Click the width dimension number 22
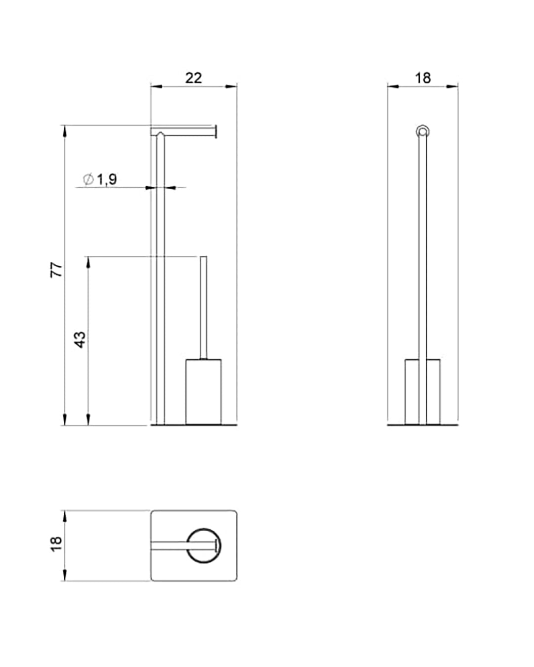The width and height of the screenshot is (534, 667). coord(193,78)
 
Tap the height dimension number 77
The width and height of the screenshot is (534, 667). coord(57,270)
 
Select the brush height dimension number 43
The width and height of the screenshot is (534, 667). coord(80,340)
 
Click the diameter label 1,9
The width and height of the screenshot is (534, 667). coord(107,179)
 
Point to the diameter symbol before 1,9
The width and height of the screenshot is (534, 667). coord(89,179)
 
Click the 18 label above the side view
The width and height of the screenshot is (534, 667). coord(423,78)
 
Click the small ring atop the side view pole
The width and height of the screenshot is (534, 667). coord(422,132)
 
